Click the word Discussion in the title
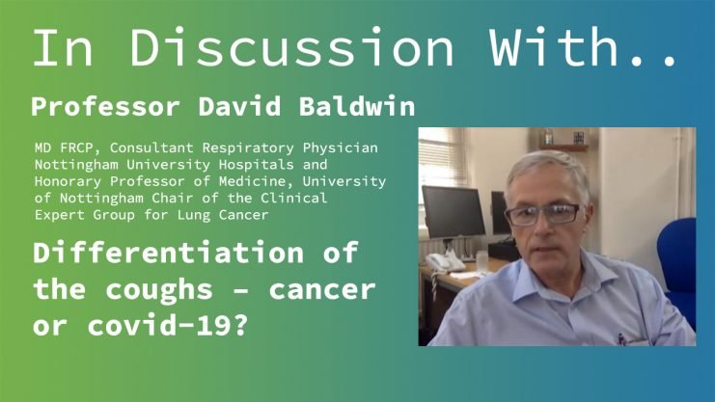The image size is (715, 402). point(292,47)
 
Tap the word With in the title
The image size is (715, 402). point(555,47)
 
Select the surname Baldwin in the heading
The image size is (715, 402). point(357,106)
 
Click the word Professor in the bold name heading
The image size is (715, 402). point(105,107)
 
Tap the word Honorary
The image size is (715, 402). point(68,181)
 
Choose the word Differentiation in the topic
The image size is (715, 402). point(169,252)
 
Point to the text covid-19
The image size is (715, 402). point(168,326)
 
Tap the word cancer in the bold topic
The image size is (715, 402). point(322,290)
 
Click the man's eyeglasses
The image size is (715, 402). point(542,214)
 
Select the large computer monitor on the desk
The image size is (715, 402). point(454,212)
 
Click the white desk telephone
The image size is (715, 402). point(444,261)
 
